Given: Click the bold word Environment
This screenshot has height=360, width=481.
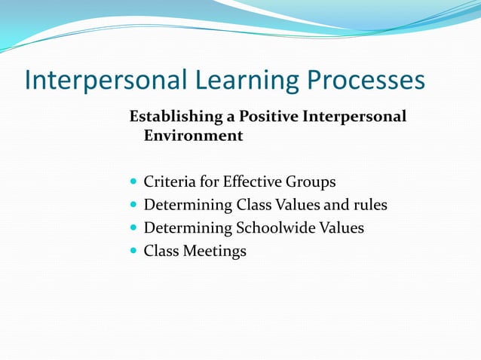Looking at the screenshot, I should [x=193, y=136].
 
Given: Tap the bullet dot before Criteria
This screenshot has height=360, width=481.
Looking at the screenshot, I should [x=134, y=182].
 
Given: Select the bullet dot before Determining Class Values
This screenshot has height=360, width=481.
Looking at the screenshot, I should [x=134, y=205].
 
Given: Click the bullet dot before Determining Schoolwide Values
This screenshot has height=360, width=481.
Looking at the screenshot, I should [x=134, y=228].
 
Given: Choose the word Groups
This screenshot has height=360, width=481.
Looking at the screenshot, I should [x=310, y=183].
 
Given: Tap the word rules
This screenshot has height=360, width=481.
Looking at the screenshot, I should [x=369, y=205].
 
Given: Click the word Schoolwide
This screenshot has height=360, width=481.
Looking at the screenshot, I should [x=274, y=227].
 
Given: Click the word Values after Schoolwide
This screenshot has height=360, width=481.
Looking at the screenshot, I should [x=339, y=227].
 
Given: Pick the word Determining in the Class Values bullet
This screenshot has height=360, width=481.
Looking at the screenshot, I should [x=188, y=206].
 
